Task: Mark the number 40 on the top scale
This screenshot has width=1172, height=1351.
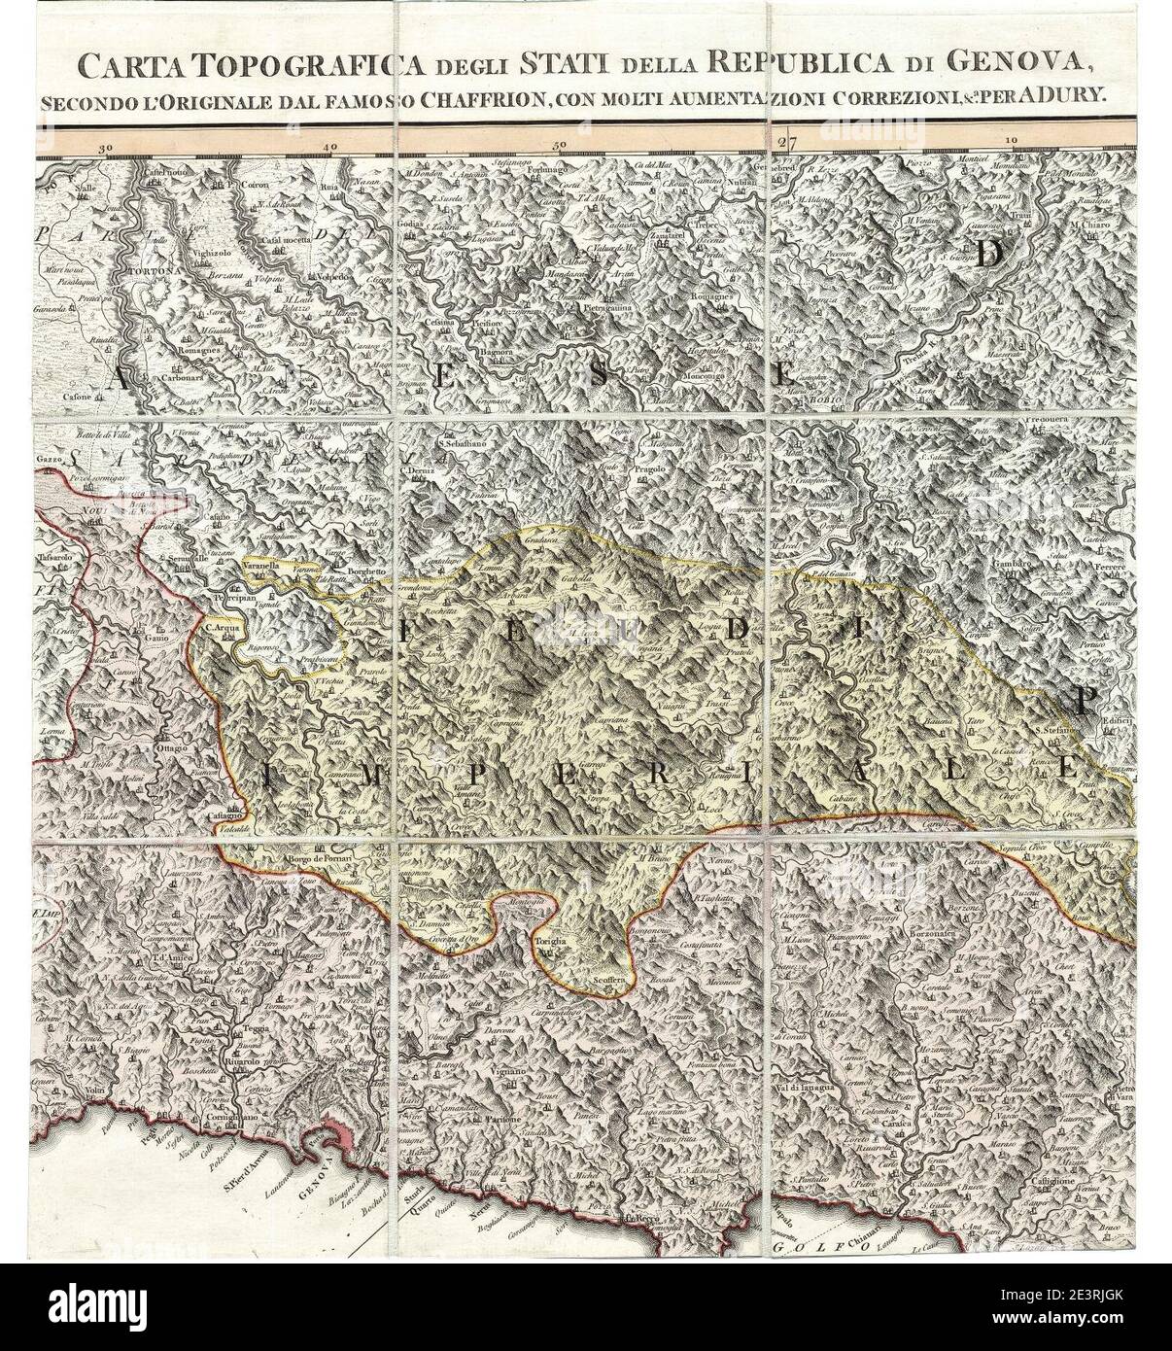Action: [x=331, y=146]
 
